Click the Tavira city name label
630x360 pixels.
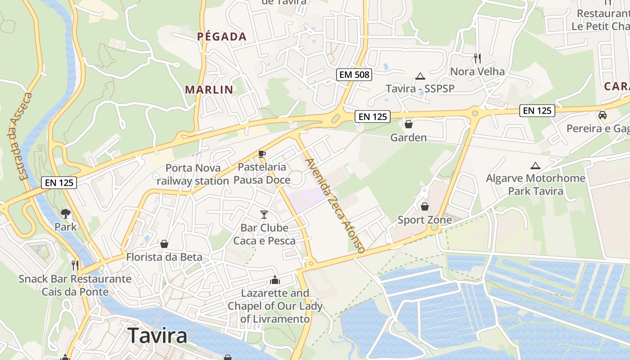coord(157,336)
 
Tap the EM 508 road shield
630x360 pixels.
coord(354,75)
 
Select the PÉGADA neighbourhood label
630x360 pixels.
coord(222,37)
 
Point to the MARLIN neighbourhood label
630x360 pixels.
coord(209,90)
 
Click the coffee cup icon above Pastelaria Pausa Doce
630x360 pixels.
coord(261,154)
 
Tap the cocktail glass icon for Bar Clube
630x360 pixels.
coord(264,215)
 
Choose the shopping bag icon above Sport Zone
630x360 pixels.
coord(424,207)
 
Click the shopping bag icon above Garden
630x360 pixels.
coord(408,124)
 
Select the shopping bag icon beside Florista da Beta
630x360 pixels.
coord(164,244)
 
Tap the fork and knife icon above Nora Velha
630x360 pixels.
coord(477,58)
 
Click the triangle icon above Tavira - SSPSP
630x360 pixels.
coord(420,76)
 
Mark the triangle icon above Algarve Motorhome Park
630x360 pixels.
coord(535,166)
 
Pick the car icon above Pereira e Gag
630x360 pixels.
coord(603,115)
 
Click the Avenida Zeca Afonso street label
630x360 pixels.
coord(334,205)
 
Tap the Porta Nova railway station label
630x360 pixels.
coord(193,175)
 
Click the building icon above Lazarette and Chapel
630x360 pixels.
coord(275,281)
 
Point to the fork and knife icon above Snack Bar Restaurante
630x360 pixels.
coord(75,265)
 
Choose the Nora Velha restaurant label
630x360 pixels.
coord(477,72)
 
